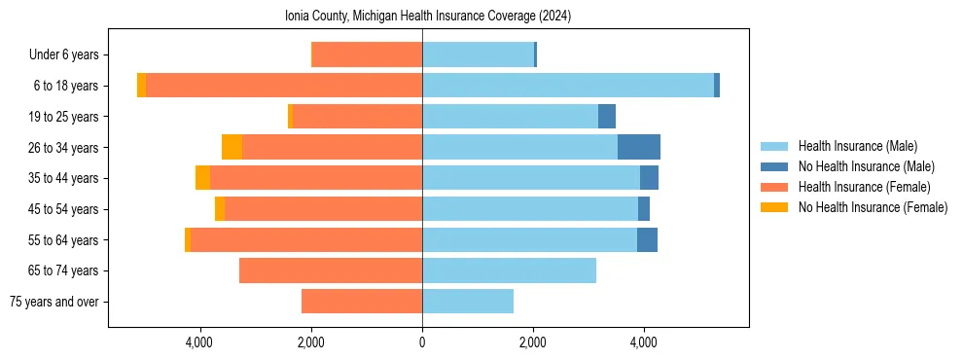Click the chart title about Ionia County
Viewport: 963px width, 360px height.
coord(427,17)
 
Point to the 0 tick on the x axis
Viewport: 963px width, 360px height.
coord(422,342)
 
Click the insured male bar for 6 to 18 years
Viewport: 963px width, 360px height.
coord(567,86)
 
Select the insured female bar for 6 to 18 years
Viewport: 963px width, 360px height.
coord(284,86)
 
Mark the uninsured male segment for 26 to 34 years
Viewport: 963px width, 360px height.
coord(639,147)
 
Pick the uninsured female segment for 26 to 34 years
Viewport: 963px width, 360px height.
coord(232,147)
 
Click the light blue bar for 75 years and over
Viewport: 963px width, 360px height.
coord(468,302)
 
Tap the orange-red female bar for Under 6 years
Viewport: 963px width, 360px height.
coord(367,54)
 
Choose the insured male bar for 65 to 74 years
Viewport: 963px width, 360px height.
coord(509,270)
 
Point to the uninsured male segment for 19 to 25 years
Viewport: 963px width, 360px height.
coord(607,117)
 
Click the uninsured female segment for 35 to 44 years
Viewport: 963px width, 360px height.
coord(202,178)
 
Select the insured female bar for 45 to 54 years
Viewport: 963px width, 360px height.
coord(323,209)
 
